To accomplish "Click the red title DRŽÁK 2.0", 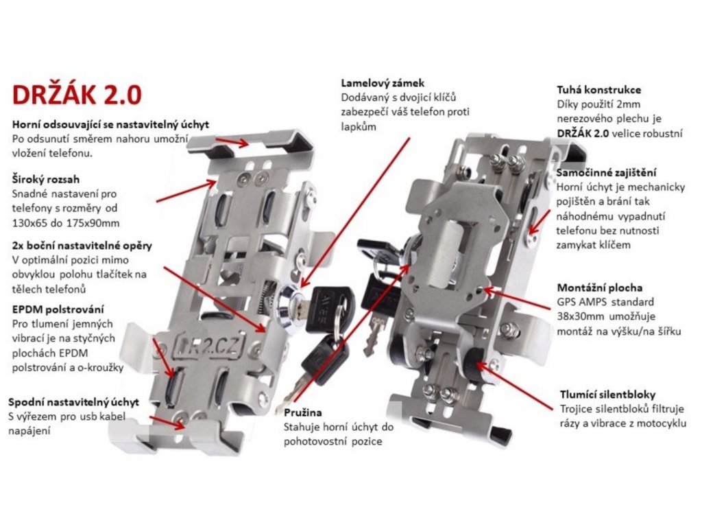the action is (77, 94).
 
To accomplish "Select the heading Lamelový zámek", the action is (383, 83).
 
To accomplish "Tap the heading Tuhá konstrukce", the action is (598, 90).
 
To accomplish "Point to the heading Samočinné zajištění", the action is (606, 172).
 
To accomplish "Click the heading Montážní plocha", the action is (599, 288).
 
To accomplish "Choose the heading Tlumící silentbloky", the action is (607, 395).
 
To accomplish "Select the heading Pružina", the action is (302, 412).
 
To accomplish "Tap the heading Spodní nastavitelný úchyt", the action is (73, 402).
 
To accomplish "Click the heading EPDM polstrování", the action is (58, 309).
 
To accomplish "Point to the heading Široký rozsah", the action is (46, 179).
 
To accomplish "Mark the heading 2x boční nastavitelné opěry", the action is (82, 246).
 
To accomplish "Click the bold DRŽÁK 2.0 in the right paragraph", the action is (583, 133).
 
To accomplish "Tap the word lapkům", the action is (359, 127).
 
